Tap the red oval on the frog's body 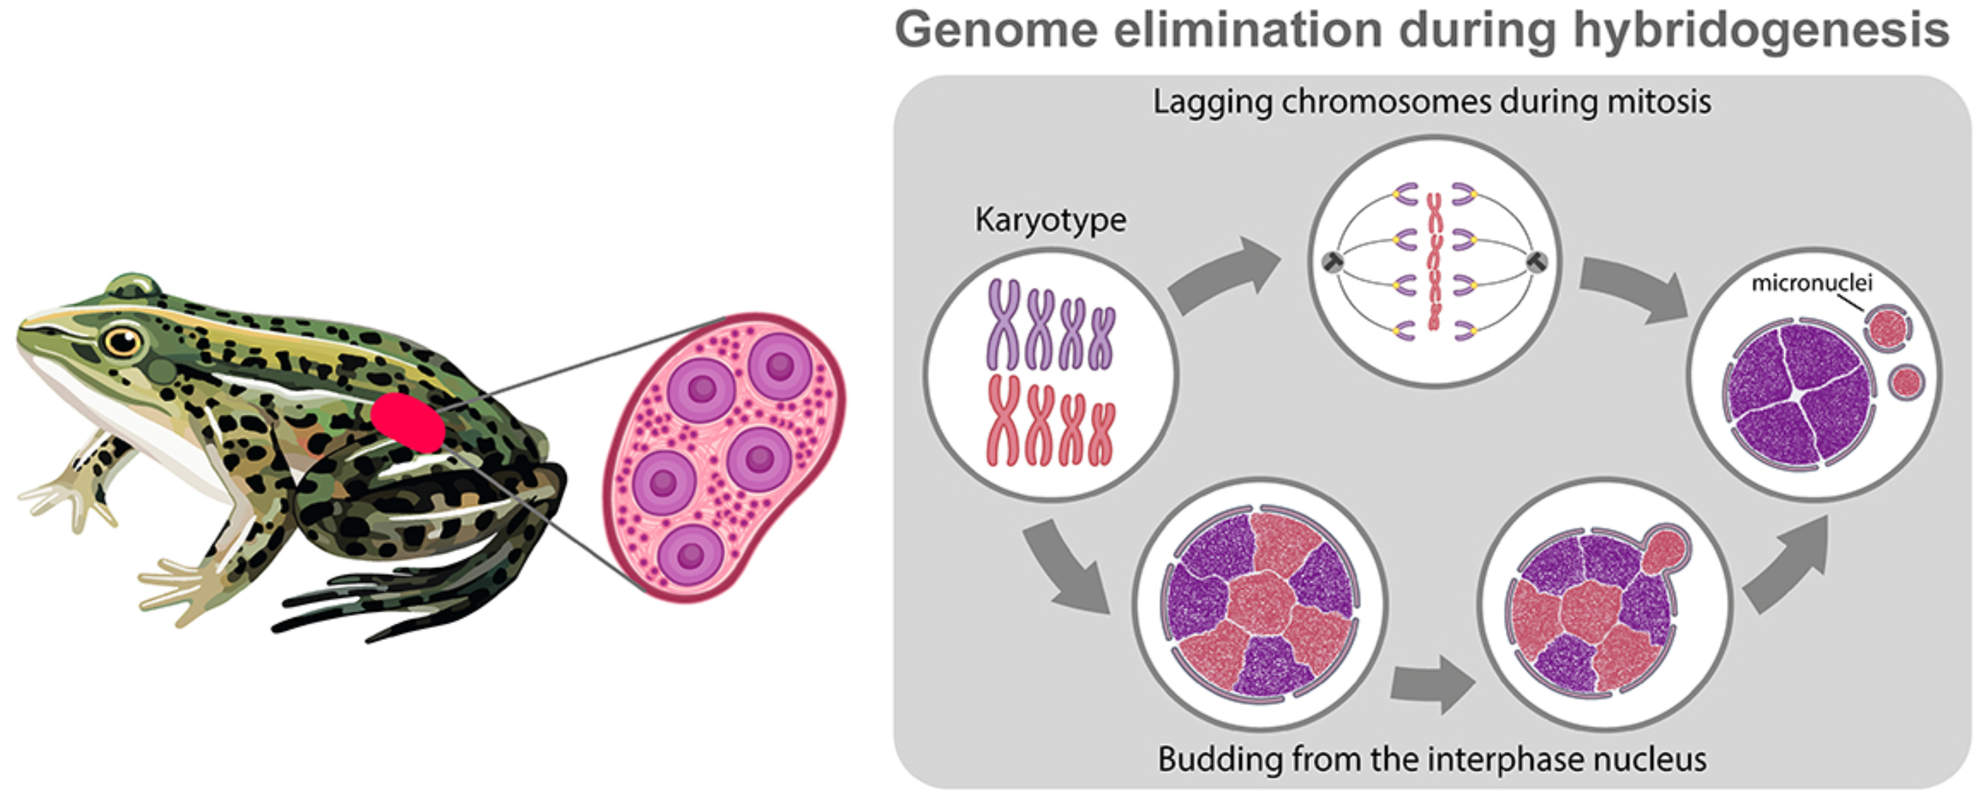408,422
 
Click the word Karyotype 1050,221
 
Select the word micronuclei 1812,283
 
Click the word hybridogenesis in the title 1761,31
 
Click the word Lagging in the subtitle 1211,103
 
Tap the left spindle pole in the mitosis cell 1333,262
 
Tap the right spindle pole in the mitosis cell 1536,262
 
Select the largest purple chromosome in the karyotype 1004,324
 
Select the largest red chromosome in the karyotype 1004,420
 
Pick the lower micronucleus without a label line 1906,382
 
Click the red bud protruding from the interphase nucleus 1665,549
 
